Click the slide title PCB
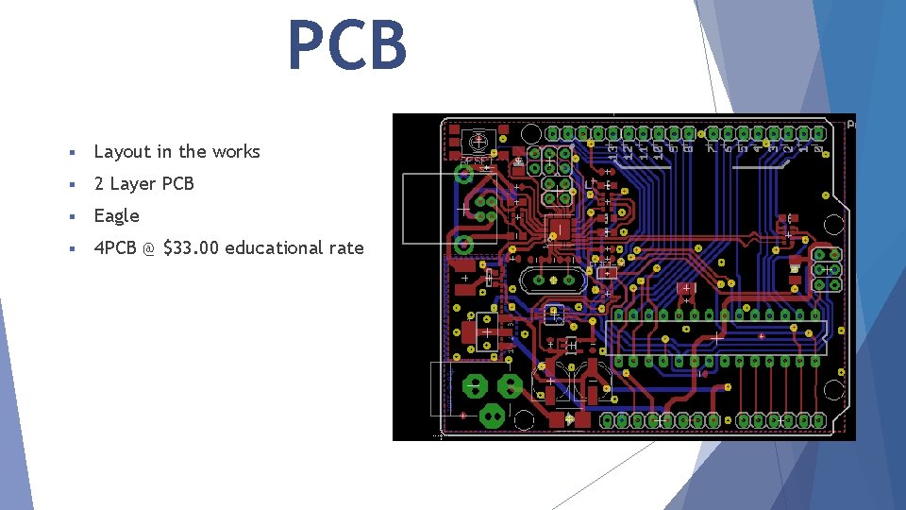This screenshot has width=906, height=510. (347, 45)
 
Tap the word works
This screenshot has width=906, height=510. (236, 151)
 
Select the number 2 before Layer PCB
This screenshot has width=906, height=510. (99, 183)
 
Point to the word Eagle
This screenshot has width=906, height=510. (116, 215)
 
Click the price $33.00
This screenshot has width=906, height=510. (192, 247)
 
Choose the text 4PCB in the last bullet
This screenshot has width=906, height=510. (115, 247)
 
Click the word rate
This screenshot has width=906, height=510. (345, 247)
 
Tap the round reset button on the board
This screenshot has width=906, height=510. (478, 142)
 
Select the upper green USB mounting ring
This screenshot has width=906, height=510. (463, 174)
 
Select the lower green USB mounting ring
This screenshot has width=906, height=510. (463, 246)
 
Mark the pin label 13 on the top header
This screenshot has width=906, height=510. (612, 148)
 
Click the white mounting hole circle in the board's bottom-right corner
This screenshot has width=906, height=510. (833, 389)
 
